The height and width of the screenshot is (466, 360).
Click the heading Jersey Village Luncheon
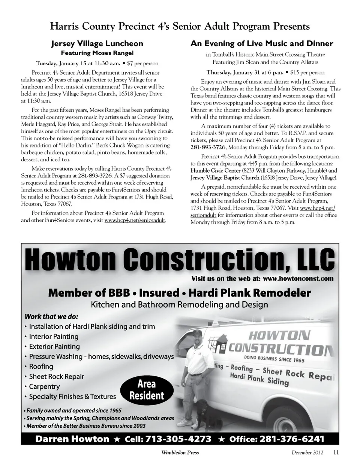[97, 44]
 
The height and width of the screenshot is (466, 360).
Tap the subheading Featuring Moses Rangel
[97, 53]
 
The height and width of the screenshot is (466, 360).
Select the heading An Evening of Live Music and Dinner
[262, 44]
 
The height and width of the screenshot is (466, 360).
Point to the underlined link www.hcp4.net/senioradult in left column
[135, 220]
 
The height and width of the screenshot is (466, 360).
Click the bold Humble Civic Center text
[215, 170]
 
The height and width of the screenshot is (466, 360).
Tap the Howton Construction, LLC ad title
[180, 259]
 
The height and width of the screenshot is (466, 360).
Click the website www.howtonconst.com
[298, 278]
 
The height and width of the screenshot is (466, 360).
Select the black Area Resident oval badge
[147, 389]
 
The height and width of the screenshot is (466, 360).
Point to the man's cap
[198, 333]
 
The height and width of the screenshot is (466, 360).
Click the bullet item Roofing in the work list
[41, 367]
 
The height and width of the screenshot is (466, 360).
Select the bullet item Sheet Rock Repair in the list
[56, 376]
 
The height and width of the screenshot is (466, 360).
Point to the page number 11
[336, 452]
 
